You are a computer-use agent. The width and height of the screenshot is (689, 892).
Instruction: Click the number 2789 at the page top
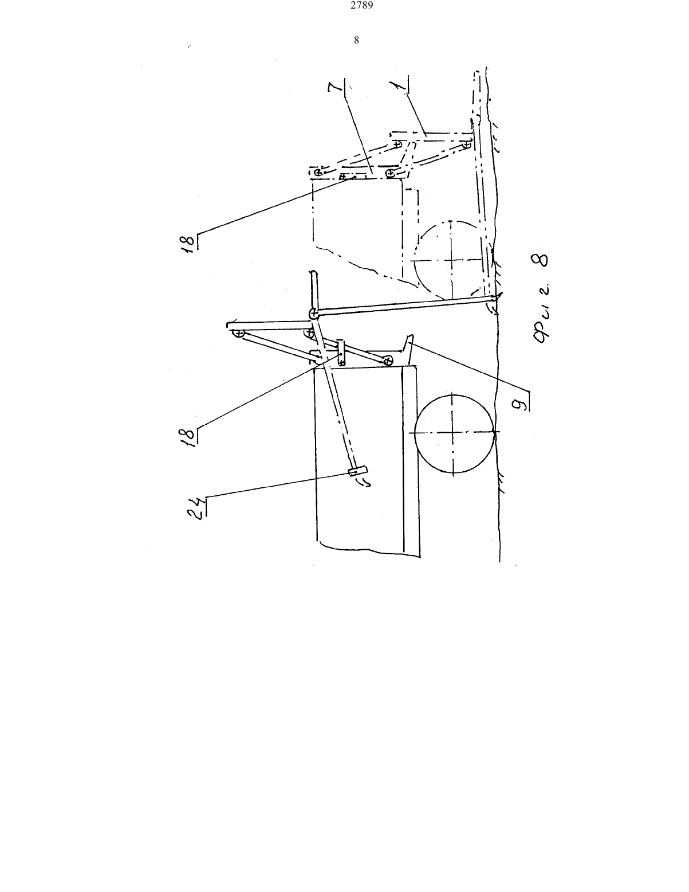pyautogui.click(x=362, y=6)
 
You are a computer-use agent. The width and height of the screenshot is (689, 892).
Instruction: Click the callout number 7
pyautogui.click(x=338, y=88)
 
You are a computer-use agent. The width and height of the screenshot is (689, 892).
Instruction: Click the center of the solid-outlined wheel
pyautogui.click(x=453, y=433)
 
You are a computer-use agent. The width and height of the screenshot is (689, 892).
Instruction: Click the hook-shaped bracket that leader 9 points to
pyautogui.click(x=407, y=349)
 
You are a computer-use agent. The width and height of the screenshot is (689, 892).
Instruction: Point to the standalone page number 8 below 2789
pyautogui.click(x=356, y=40)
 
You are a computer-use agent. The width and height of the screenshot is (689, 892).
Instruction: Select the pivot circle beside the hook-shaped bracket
pyautogui.click(x=388, y=361)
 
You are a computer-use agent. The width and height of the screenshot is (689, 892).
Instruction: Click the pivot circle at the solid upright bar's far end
pyautogui.click(x=237, y=333)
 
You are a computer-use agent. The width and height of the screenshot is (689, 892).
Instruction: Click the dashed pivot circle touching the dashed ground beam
pyautogui.click(x=466, y=144)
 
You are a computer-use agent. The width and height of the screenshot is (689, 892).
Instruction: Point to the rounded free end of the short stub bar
pyautogui.click(x=313, y=273)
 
